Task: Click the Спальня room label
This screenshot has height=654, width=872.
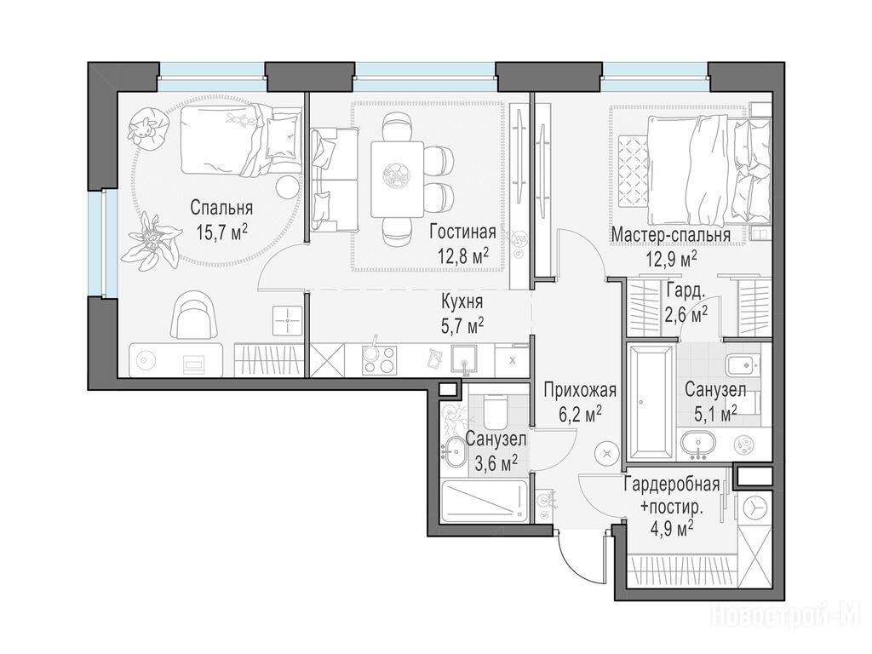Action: (x=221, y=208)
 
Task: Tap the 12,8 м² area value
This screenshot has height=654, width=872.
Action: (x=463, y=256)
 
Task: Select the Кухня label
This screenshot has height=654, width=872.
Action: (x=462, y=302)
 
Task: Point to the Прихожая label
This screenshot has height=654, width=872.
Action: (x=580, y=390)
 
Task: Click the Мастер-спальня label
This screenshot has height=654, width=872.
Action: (x=671, y=235)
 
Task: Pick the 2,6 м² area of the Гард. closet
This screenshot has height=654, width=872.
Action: (x=686, y=315)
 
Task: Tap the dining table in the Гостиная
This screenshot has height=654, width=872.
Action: (x=397, y=180)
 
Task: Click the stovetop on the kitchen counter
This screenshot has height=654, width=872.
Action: (x=379, y=360)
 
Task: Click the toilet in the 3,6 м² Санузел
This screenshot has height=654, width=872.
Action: (x=495, y=410)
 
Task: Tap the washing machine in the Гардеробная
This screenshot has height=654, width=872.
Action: (x=754, y=508)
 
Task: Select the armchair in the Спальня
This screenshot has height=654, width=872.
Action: (x=193, y=317)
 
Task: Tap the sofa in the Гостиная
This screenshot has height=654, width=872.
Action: (x=334, y=179)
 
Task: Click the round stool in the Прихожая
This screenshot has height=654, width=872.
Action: (x=606, y=453)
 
